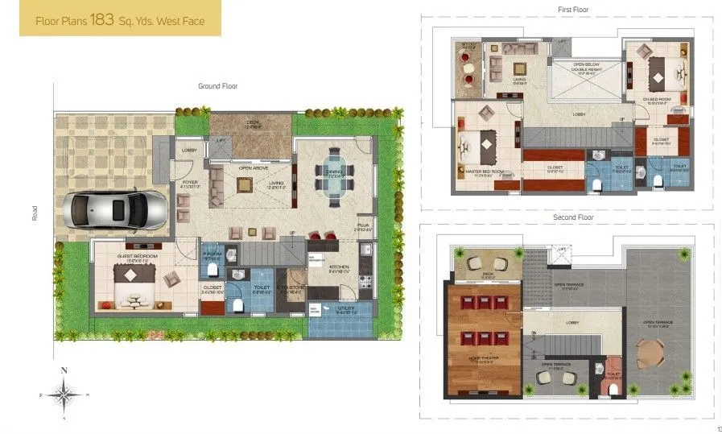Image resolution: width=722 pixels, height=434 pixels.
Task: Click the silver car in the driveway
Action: (x=118, y=209)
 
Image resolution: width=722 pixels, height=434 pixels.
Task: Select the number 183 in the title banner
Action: (x=103, y=21)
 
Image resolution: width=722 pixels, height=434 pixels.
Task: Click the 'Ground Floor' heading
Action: (x=217, y=85)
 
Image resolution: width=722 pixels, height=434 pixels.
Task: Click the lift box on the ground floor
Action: (x=221, y=147)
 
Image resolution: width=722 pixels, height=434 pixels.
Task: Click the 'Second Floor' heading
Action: (x=572, y=217)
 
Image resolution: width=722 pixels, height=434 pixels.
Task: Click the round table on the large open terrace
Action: (x=649, y=352)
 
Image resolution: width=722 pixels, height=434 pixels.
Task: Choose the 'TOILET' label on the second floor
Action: (x=613, y=374)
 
